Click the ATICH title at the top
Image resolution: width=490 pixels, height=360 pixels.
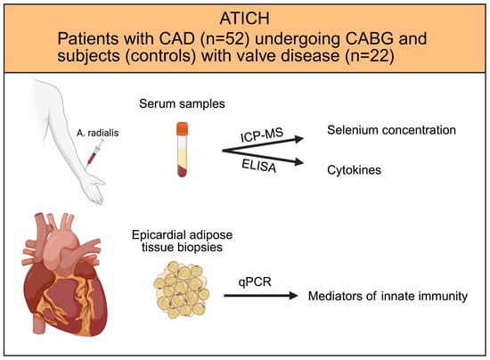244,19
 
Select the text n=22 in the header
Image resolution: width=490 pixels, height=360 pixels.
370,56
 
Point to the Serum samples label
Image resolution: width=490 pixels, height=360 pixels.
182,103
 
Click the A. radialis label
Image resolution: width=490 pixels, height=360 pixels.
97,133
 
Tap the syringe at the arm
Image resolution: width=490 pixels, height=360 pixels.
95,152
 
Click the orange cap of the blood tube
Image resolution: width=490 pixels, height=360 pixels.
182,129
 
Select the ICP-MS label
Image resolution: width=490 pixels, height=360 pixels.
262,135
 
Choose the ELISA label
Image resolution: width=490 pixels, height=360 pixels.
259,166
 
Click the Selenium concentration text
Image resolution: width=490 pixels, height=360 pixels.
391,130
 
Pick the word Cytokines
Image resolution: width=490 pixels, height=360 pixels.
354,170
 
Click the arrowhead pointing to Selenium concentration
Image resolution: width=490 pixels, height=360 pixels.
299,139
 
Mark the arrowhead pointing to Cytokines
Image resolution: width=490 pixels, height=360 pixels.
299,162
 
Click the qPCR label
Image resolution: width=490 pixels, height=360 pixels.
255,282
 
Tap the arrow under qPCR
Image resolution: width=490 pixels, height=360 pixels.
261,295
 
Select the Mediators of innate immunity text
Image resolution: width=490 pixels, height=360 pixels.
388,296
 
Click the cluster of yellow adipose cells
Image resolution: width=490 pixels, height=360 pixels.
181,290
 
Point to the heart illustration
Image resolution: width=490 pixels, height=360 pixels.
65,274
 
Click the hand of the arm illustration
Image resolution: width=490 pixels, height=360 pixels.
94,188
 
